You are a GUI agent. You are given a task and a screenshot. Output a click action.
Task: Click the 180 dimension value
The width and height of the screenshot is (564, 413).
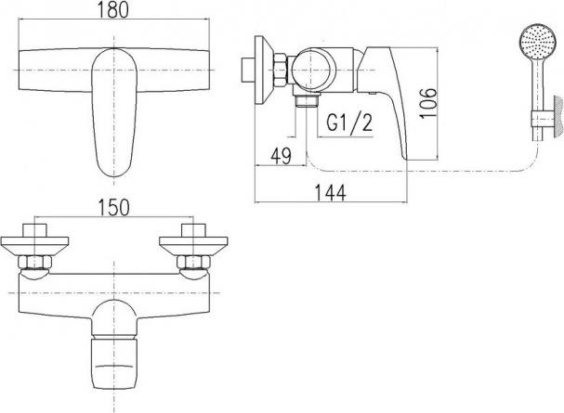[113, 9]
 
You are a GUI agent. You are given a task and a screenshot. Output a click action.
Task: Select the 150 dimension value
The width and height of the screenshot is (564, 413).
[112, 208]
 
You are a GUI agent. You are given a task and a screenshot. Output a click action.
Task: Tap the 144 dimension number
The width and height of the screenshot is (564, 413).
[331, 193]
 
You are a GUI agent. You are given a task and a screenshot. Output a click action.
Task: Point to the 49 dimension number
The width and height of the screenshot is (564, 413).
[281, 156]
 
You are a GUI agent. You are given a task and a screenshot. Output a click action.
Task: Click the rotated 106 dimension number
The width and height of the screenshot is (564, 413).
[428, 102]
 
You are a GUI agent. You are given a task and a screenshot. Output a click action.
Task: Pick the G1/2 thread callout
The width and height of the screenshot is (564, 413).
[349, 123]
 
